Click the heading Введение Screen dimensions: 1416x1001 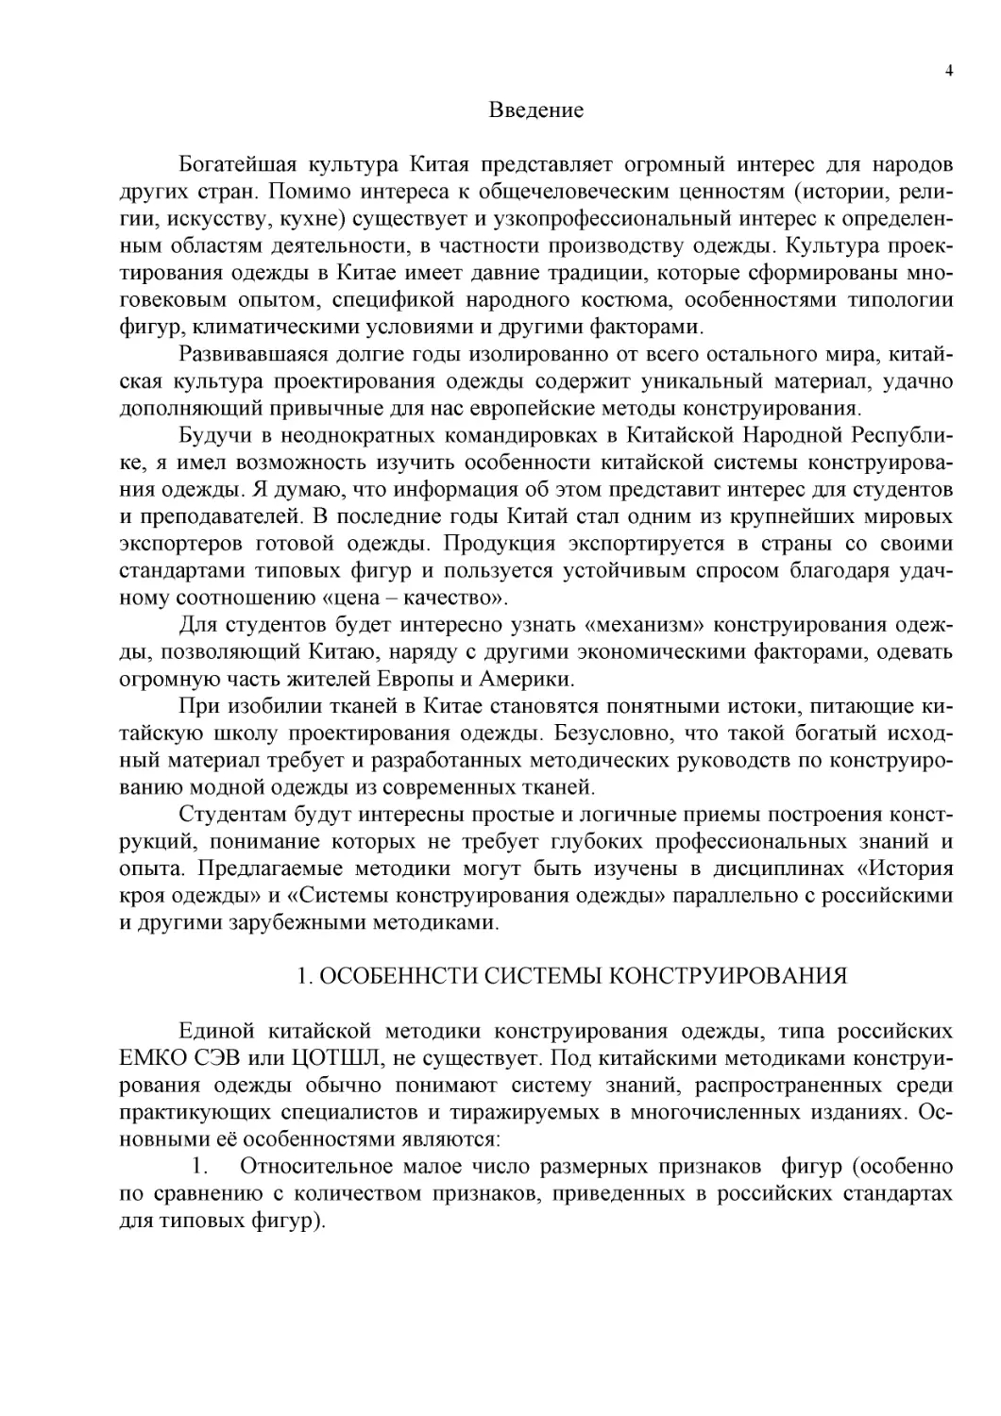535,110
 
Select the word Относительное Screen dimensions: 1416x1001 314,1167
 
